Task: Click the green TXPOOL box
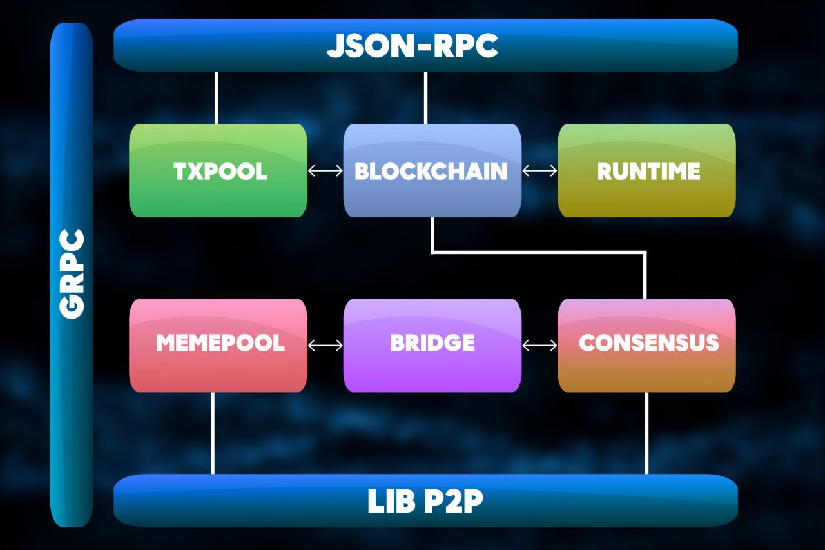point(218,171)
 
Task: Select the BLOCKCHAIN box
point(432,171)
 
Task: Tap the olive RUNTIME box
point(646,171)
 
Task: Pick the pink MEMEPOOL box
point(218,345)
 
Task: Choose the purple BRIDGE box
point(432,345)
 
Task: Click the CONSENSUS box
point(646,345)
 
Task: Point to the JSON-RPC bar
point(425,45)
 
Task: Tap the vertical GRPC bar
point(72,274)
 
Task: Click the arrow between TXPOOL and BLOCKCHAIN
point(325,171)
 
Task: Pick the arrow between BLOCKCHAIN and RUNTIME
point(539,171)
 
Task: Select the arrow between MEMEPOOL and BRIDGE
point(325,346)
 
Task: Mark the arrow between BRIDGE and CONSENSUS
point(539,346)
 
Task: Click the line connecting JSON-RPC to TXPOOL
point(216,97)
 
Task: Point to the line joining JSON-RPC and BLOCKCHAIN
point(425,97)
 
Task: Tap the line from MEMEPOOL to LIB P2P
point(213,433)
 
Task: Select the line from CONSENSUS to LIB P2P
point(646,433)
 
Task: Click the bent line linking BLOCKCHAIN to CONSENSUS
point(538,252)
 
